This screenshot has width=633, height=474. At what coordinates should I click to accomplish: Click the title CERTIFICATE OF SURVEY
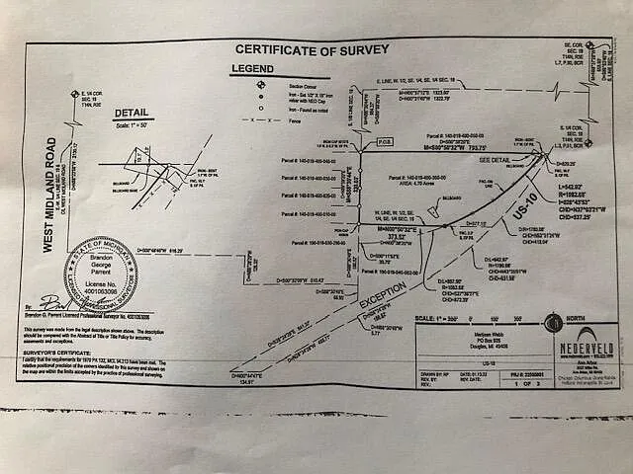[x=311, y=49]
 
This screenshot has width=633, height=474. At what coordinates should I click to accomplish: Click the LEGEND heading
[x=251, y=68]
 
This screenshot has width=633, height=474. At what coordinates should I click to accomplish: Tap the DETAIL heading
[x=131, y=115]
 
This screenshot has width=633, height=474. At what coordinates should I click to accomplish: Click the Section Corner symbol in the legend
[x=260, y=86]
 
